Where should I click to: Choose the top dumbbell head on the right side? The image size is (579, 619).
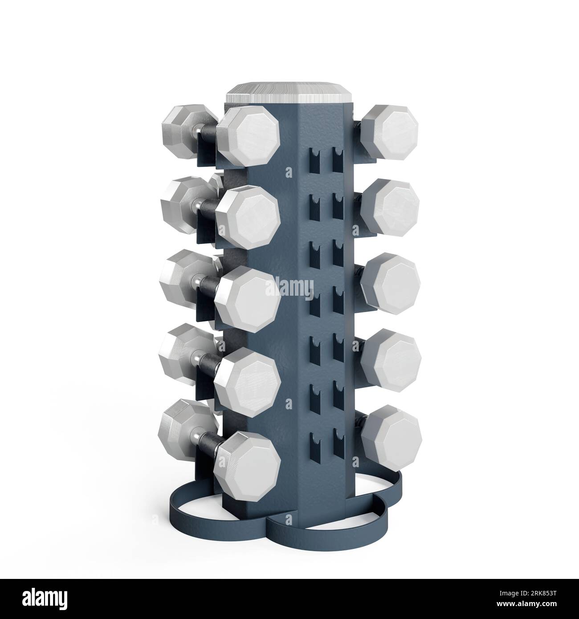coord(391,132)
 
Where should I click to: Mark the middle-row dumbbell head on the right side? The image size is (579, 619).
coord(391,281)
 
